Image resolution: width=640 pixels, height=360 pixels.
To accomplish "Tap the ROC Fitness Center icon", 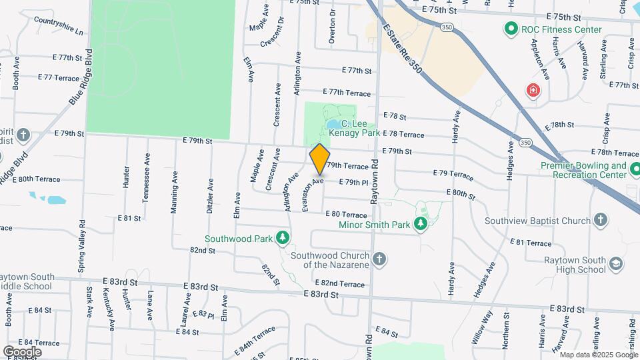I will coord(511,29).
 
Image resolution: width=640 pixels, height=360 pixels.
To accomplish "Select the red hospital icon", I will coord(533,90).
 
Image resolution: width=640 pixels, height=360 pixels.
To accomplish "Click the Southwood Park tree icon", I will coord(283,237).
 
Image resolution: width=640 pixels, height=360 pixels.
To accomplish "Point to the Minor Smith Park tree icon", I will coord(420,225).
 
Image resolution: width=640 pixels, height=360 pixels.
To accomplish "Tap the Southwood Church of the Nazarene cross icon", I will coord(379,259).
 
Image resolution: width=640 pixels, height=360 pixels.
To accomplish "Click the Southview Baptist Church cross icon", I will coord(601,220).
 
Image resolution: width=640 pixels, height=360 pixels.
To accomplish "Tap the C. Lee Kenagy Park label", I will coord(361,129).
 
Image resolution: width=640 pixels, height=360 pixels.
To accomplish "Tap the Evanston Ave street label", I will coord(313,194).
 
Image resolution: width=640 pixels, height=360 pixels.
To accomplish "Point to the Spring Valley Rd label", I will coord(82,249).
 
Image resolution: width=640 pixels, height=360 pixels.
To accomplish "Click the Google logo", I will coord(22,351).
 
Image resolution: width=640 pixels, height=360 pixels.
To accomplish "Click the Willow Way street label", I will coord(482,326).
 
